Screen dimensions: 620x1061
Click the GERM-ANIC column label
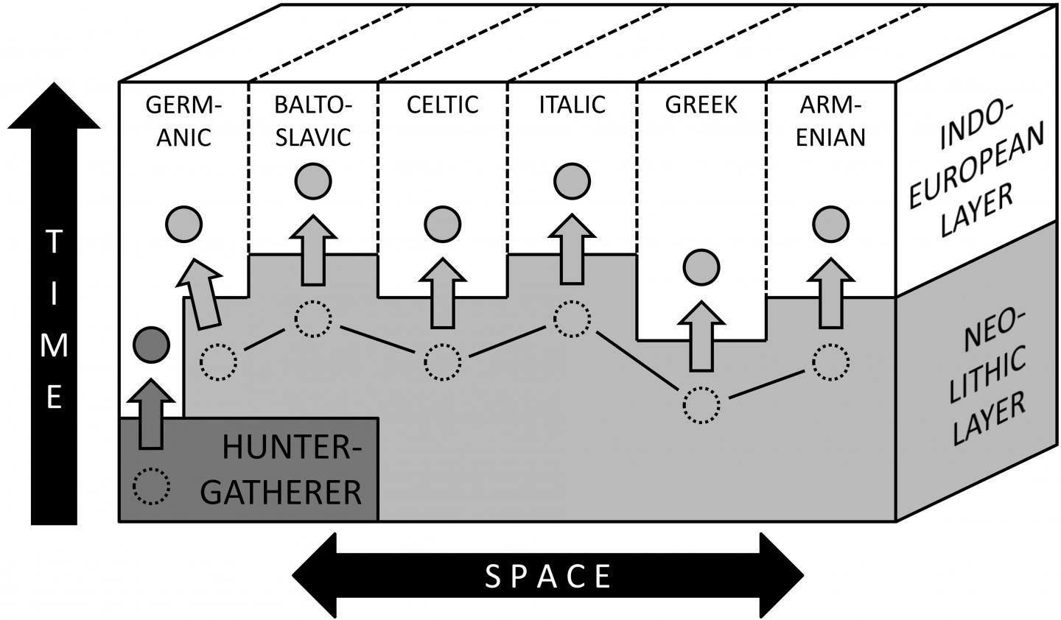coord(183,121)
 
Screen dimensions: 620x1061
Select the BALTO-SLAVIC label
coord(313,121)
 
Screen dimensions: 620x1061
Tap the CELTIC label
coord(442,105)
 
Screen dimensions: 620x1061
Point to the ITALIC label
coord(572,105)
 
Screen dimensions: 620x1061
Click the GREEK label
coord(701,105)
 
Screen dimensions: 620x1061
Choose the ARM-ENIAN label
coord(831,121)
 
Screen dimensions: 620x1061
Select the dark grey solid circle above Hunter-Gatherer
coord(152,344)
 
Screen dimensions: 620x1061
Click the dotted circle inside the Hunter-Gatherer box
coord(152,487)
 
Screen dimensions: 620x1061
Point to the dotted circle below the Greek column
coord(701,405)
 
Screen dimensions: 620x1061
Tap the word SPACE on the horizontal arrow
coord(548,576)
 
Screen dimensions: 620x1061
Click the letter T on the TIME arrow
coord(54,242)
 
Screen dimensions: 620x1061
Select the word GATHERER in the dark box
coord(282,492)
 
